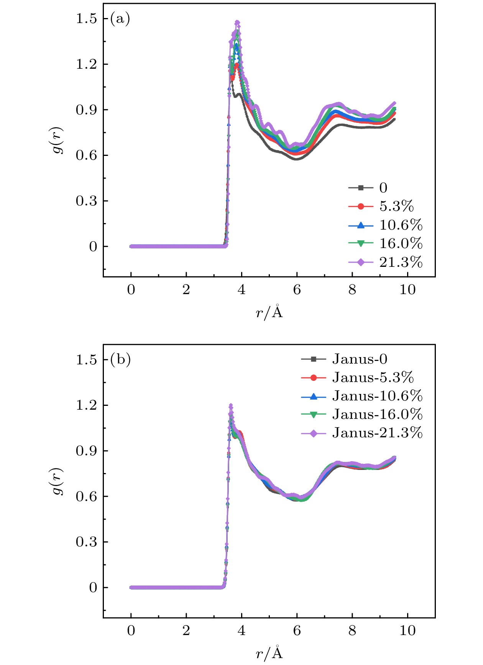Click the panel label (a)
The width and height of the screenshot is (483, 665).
[x=120, y=18]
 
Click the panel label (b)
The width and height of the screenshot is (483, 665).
[x=120, y=359]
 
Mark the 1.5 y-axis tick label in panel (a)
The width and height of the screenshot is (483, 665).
[x=86, y=18]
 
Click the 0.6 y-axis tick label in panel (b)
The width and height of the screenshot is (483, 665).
[x=86, y=496]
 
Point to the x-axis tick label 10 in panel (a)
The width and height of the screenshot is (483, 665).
[x=407, y=289]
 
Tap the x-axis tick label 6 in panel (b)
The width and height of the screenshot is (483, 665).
[x=297, y=630]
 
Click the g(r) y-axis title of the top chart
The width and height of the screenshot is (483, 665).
[x=58, y=140]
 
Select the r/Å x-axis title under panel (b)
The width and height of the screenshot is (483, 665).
[x=269, y=653]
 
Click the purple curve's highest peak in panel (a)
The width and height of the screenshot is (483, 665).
[x=237, y=23]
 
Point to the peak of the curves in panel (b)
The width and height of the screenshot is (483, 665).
[x=231, y=405]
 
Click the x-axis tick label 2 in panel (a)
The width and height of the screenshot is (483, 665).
[x=186, y=289]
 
